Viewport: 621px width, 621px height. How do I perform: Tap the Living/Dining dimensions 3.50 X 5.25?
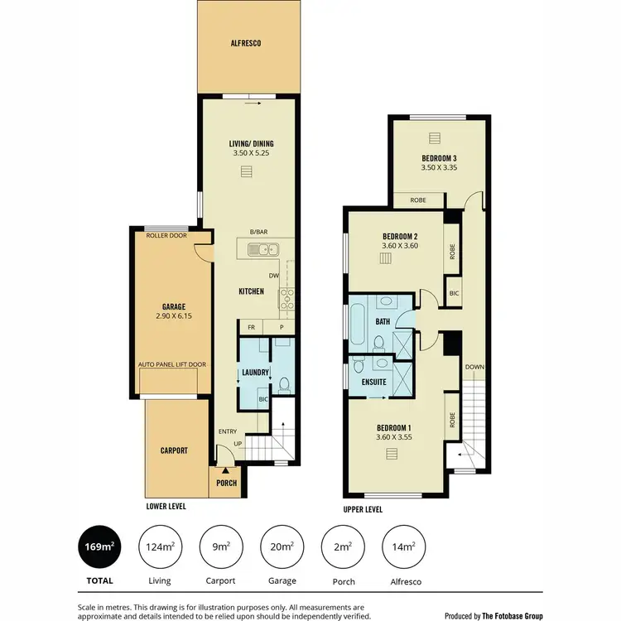(x=251, y=153)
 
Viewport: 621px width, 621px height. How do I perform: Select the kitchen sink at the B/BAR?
(x=267, y=248)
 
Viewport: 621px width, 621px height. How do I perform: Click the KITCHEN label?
(x=251, y=291)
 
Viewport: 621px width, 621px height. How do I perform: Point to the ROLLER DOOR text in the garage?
(x=166, y=236)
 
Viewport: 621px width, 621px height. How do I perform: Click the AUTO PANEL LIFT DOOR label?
(x=171, y=364)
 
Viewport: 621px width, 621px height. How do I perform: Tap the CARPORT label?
(x=175, y=451)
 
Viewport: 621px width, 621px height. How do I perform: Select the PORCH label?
(x=226, y=483)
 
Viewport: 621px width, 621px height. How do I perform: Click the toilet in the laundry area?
(x=284, y=384)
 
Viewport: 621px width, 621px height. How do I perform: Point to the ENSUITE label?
(x=375, y=383)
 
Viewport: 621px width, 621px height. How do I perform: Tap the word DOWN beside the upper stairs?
(x=474, y=367)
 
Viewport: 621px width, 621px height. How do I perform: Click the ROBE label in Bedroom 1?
(x=452, y=421)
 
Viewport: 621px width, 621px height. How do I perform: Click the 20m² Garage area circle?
(x=282, y=546)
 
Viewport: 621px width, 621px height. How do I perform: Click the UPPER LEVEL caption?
(x=363, y=510)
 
